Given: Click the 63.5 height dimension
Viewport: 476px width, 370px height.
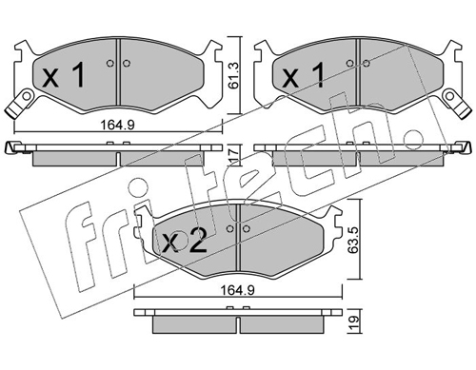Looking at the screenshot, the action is coord(353,240).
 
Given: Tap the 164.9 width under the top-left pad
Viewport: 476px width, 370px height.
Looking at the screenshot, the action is coord(118,125).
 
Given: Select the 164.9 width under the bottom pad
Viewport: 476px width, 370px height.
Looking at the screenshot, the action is coord(238,290).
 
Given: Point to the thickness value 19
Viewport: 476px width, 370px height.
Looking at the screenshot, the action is coord(353,322).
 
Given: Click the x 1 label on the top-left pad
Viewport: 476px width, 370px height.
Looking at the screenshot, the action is coord(64,75).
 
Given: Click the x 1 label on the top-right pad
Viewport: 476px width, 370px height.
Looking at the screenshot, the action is coord(304,75).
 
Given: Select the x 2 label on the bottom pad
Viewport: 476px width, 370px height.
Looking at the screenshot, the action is coord(184,241).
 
